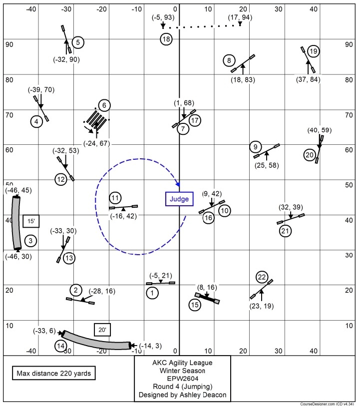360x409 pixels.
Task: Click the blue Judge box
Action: pyautogui.click(x=179, y=199)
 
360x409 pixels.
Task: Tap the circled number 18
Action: pyautogui.click(x=166, y=39)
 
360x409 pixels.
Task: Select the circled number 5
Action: pyautogui.click(x=78, y=42)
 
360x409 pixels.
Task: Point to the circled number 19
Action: pyautogui.click(x=313, y=51)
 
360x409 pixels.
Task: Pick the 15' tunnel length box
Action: pyautogui.click(x=31, y=221)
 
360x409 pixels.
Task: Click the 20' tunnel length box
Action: pyautogui.click(x=102, y=330)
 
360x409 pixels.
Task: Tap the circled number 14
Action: pyautogui.click(x=61, y=346)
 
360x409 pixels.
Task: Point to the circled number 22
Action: pyautogui.click(x=262, y=277)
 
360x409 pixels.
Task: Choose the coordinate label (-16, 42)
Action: pyautogui.click(x=123, y=216)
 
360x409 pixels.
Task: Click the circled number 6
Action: pyautogui.click(x=104, y=105)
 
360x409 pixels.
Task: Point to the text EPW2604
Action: pyautogui.click(x=182, y=378)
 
